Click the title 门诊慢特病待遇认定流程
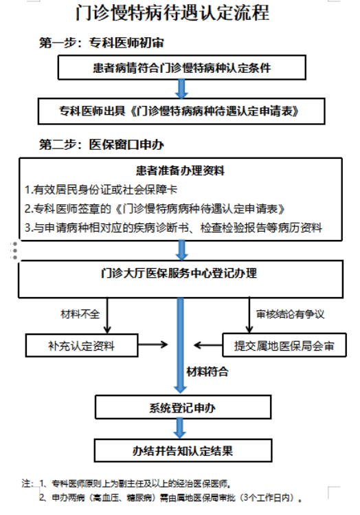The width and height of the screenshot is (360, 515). click(172, 13)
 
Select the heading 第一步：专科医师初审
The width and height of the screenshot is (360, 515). click(102, 43)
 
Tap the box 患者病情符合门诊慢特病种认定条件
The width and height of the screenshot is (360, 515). click(182, 67)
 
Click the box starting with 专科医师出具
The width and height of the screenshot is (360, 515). click(181, 111)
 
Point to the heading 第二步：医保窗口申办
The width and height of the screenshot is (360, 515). click(102, 144)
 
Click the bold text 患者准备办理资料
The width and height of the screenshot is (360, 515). click(180, 171)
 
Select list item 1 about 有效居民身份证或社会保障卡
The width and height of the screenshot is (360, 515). click(101, 190)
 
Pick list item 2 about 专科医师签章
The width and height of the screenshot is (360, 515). click(155, 208)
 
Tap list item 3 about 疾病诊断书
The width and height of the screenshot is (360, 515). click(174, 228)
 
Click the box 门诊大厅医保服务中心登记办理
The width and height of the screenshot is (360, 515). click(181, 279)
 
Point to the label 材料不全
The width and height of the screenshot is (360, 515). click(80, 314)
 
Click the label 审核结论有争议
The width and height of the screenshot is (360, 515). click(291, 314)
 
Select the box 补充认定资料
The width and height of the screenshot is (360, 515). click(82, 346)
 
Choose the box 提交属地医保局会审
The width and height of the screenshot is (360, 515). click(284, 345)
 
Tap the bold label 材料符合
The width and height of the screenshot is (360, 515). click(207, 371)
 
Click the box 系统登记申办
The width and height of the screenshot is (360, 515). click(183, 407)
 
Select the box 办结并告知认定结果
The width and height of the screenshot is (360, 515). click(183, 450)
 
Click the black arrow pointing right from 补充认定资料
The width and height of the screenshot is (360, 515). click(153, 344)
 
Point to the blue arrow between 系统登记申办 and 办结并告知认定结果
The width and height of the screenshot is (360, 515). click(180, 428)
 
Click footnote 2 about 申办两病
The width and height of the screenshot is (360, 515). click(170, 498)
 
